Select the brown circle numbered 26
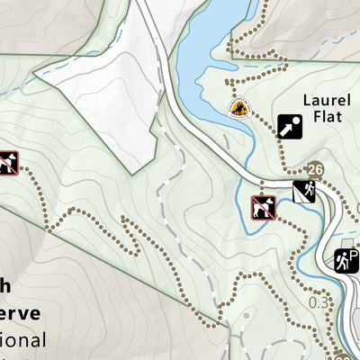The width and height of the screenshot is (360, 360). click(x=314, y=169)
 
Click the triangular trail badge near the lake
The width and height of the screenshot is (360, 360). click(x=239, y=108)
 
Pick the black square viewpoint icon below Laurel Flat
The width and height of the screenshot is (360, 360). click(x=289, y=127)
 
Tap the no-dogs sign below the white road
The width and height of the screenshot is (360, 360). click(x=263, y=206)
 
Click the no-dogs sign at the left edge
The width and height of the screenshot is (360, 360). click(x=8, y=163)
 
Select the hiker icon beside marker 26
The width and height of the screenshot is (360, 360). click(x=303, y=191)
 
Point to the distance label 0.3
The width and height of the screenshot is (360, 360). click(x=318, y=302)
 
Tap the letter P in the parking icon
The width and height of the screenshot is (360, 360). click(x=352, y=255)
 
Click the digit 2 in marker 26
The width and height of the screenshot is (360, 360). click(x=310, y=169)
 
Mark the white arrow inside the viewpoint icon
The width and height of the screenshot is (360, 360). click(x=289, y=127)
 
